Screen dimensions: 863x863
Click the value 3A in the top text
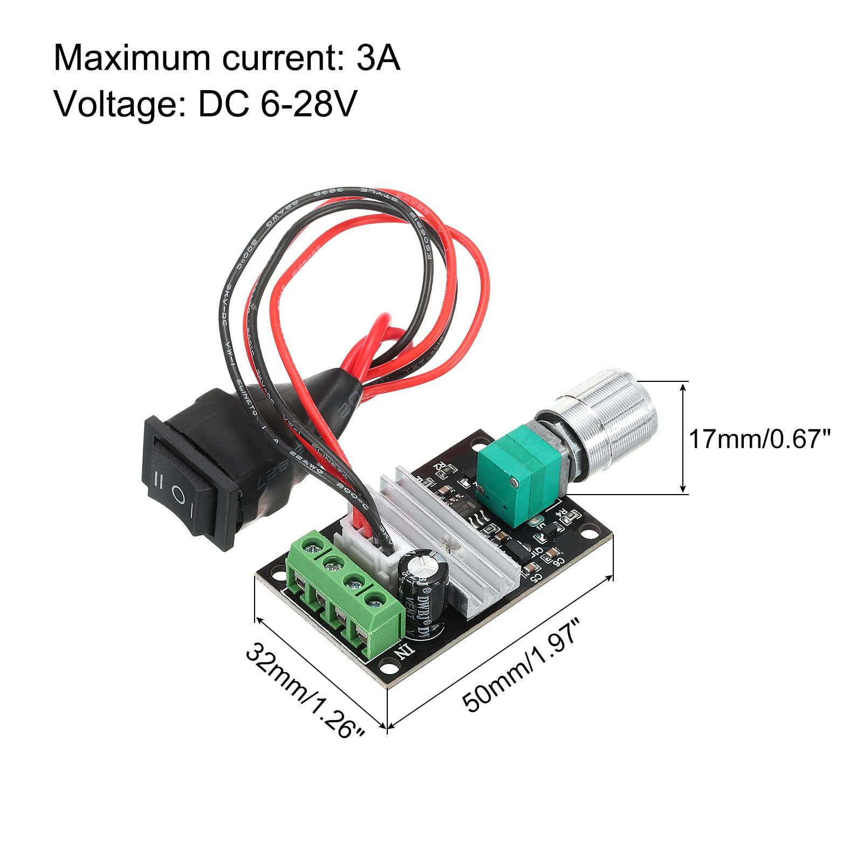[x=378, y=58]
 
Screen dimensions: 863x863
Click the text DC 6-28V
[x=277, y=104]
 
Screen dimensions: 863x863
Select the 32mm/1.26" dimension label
[x=305, y=691]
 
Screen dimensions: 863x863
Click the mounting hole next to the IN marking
[x=387, y=667]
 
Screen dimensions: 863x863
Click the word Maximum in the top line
[x=132, y=58]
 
